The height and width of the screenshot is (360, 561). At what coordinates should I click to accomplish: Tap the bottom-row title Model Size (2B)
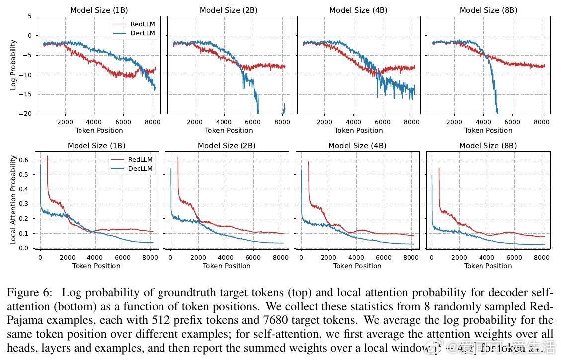227,146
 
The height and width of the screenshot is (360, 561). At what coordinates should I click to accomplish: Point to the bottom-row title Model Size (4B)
357,146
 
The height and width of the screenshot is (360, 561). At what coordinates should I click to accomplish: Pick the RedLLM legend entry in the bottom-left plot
140,160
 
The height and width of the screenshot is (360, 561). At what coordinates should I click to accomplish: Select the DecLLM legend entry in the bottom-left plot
140,169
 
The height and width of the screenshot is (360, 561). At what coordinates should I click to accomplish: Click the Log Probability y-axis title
13,65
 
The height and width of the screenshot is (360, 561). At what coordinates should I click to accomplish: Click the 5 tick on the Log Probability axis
29,16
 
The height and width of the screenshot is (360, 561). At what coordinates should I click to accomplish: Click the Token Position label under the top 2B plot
229,130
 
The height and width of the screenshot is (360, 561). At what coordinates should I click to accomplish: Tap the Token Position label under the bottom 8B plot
488,266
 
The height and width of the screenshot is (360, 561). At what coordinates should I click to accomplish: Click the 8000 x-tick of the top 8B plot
541,122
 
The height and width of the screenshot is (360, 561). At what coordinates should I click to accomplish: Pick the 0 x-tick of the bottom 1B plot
40,257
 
